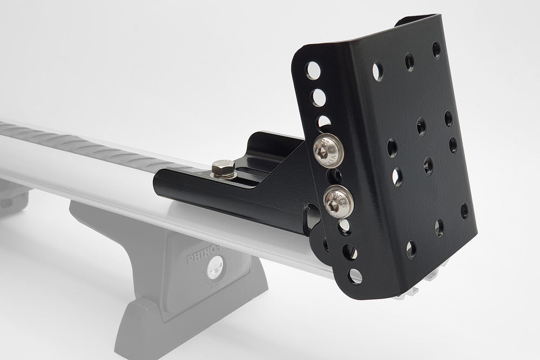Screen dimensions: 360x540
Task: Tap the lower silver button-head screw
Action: coord(338,200)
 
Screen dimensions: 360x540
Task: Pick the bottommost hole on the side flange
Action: coord(355,276)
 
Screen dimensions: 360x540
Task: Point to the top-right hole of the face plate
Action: coord(436,50)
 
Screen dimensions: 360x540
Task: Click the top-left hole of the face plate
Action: coord(377,71)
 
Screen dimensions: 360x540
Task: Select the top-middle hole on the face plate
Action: coord(409,62)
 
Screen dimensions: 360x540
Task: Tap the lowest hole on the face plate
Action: coord(411,249)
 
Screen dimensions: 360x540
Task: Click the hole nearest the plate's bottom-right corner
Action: coord(464,210)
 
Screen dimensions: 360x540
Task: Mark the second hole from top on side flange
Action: coord(319,98)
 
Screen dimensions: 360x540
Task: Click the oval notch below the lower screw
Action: coord(313,216)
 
